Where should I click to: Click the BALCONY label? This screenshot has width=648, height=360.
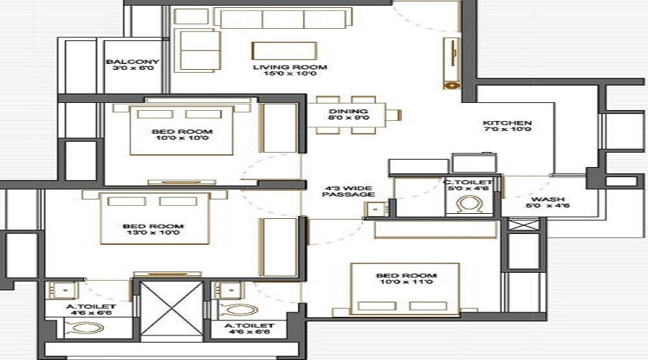click(x=132, y=62)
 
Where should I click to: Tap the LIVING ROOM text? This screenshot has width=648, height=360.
click(x=289, y=68)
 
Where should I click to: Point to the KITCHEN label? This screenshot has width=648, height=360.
click(x=507, y=123)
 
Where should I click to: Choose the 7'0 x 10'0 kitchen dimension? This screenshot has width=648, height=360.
click(x=507, y=131)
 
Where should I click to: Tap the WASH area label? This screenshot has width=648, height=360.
click(x=547, y=199)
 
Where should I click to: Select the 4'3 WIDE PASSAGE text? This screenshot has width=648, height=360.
click(x=348, y=190)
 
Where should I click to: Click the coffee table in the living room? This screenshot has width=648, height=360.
click(x=284, y=50)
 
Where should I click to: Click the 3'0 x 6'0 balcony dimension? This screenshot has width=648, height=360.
click(x=132, y=70)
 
